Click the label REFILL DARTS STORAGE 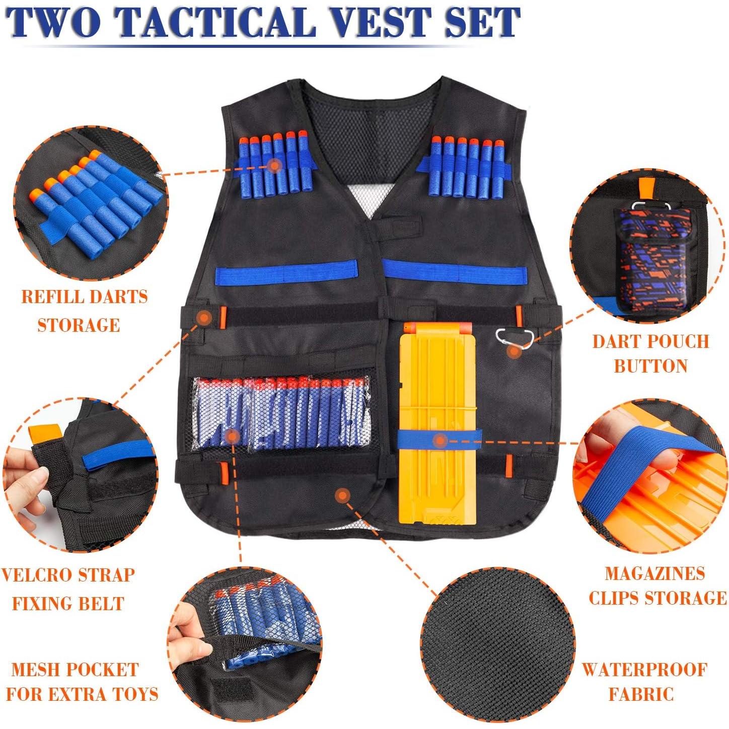click(x=84, y=310)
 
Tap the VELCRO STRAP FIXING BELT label click(x=68, y=589)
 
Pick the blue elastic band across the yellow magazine click(x=439, y=440)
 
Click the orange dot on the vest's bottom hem click(x=342, y=495)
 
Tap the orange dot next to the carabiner click(x=514, y=352)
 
